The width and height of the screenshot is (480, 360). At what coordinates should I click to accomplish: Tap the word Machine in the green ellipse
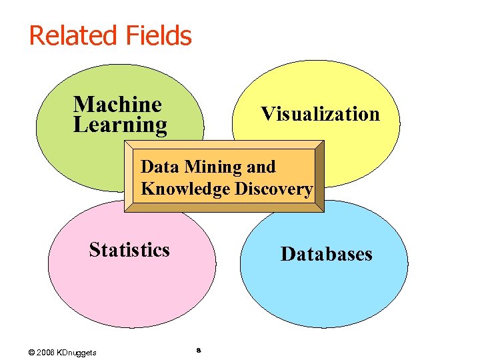point(117,104)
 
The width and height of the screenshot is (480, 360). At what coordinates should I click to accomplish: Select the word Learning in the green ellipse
point(120,125)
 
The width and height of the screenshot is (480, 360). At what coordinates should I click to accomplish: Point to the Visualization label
point(320,114)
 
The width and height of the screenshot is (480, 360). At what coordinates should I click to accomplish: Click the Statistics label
point(129,250)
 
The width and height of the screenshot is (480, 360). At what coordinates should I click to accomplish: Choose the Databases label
point(327,254)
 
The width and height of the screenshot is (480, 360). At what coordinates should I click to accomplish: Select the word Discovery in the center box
point(273,189)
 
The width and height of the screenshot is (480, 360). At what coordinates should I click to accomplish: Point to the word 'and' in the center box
point(261,166)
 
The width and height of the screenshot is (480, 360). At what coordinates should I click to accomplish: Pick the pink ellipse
point(120,287)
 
